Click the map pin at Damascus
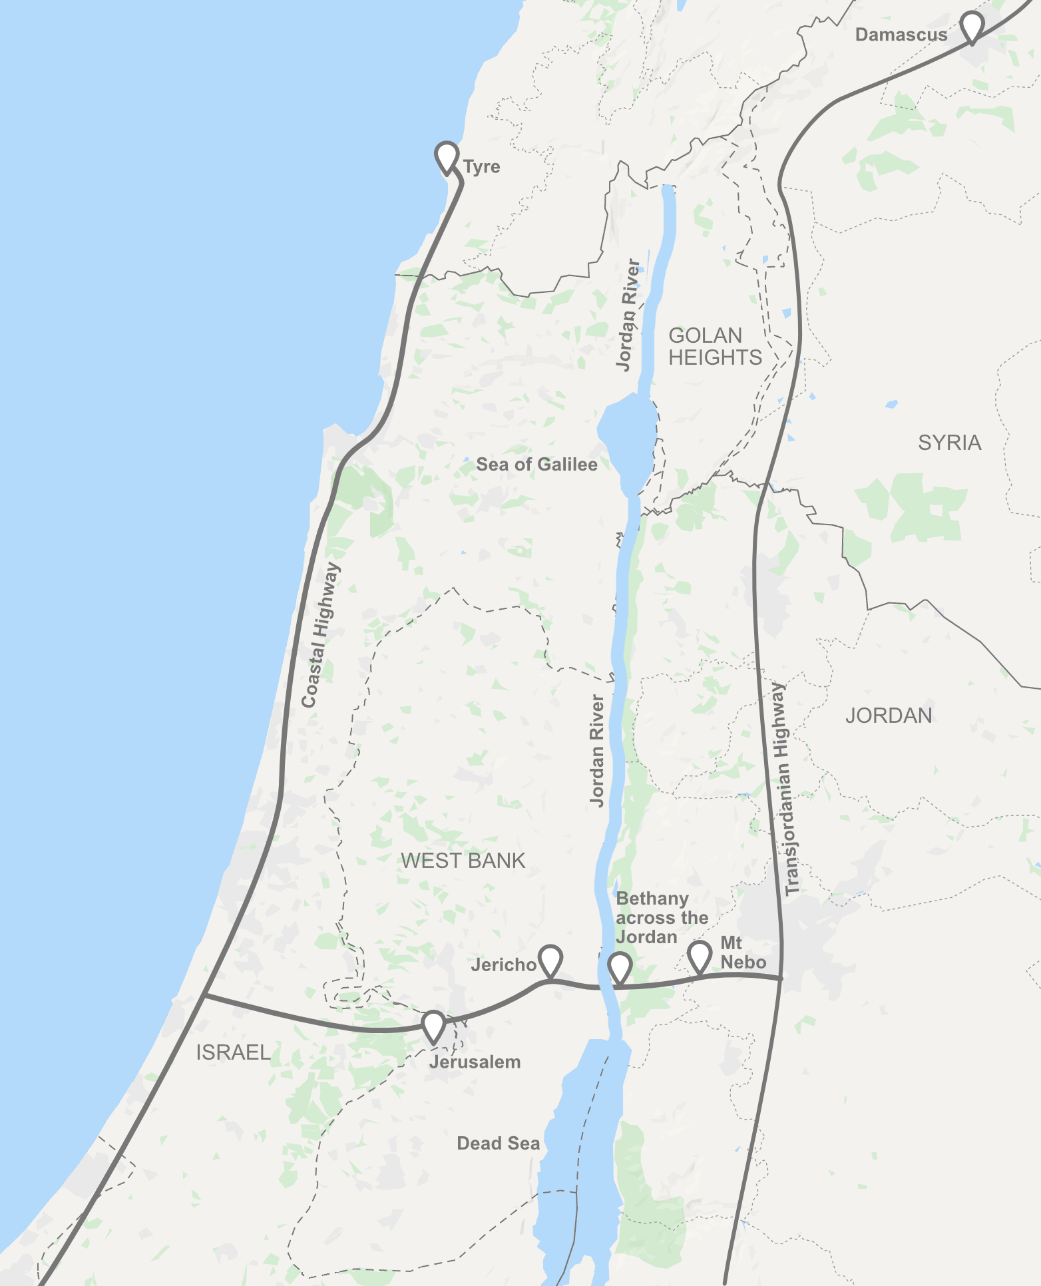click(x=972, y=26)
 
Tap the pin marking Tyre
click(x=447, y=157)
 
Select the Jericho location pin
click(x=550, y=961)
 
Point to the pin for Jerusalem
click(x=433, y=1026)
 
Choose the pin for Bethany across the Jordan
click(x=620, y=967)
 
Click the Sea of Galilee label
click(x=536, y=465)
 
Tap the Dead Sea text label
click(x=498, y=1144)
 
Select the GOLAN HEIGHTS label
click(x=715, y=346)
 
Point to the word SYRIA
click(x=949, y=443)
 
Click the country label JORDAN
click(x=889, y=716)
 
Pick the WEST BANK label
click(x=463, y=861)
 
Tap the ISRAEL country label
click(x=233, y=1052)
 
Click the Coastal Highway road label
click(x=321, y=635)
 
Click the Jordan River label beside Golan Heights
click(x=628, y=316)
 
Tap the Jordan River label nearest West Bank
click(x=597, y=751)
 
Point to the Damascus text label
click(x=901, y=35)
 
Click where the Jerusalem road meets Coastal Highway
click(x=205, y=996)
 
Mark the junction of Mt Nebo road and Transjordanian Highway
click(x=781, y=978)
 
